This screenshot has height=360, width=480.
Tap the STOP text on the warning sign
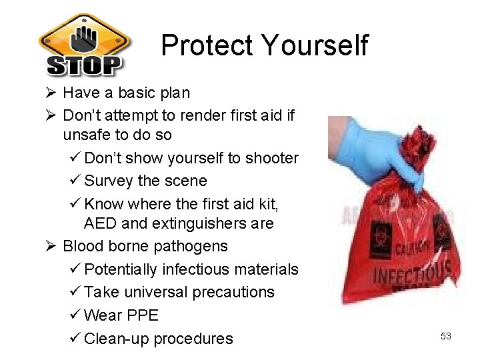click(x=85, y=65)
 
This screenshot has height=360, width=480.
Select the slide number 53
click(x=445, y=336)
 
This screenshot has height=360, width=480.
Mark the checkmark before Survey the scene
click(x=75, y=181)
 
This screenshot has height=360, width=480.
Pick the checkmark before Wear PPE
click(x=75, y=315)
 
